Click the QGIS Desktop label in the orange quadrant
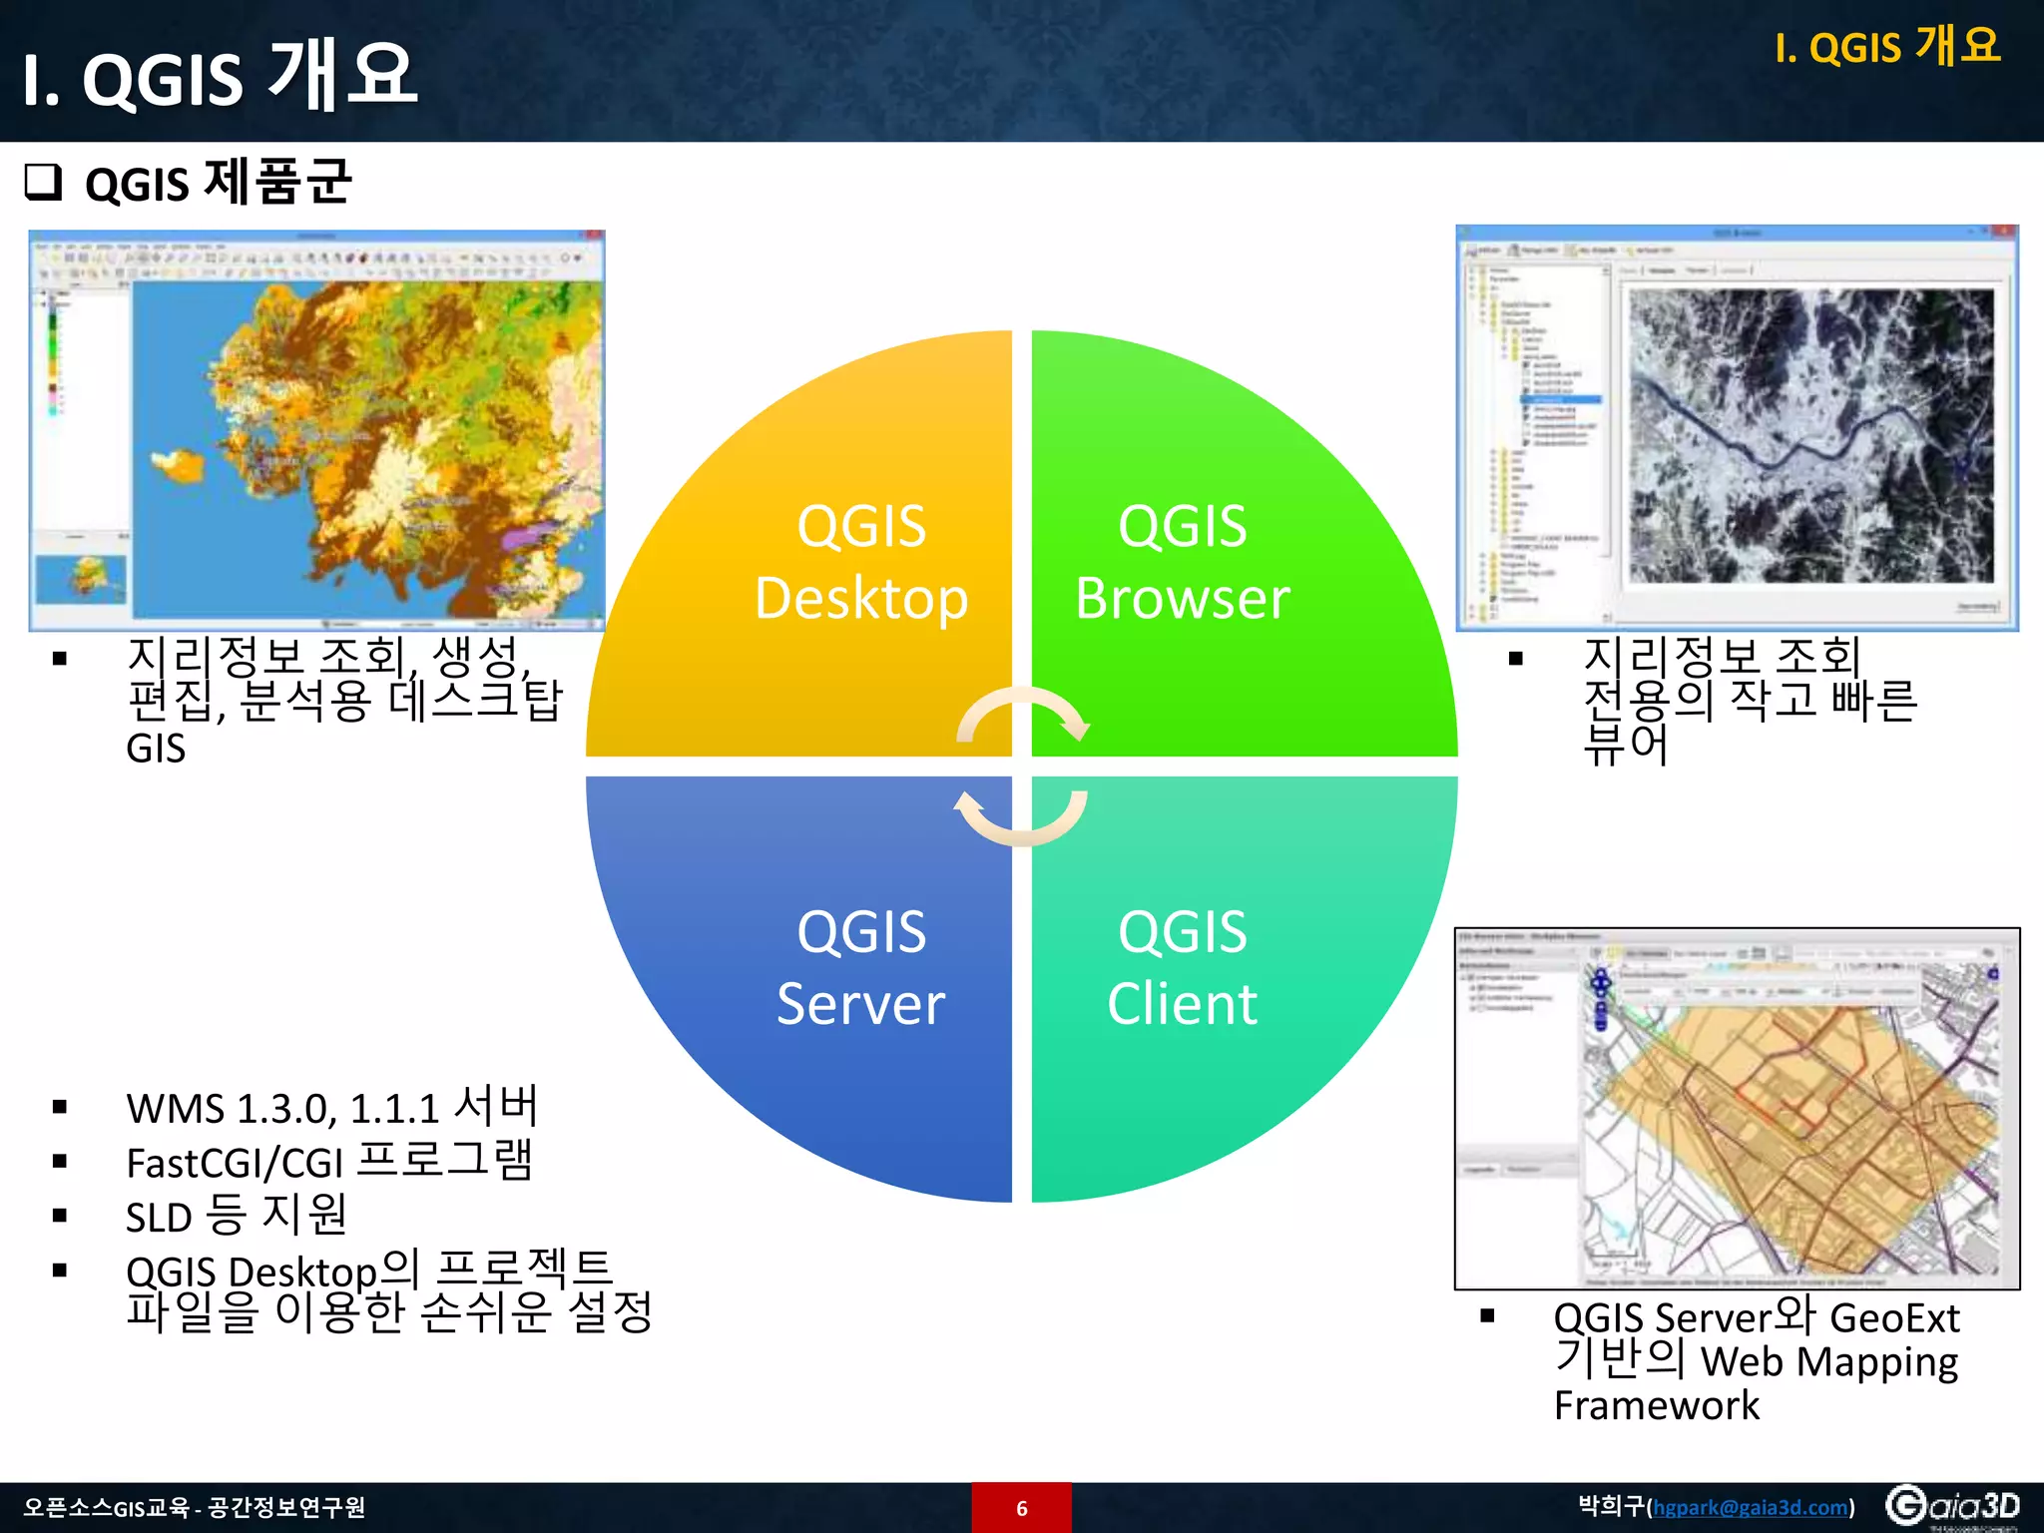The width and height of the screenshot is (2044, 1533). click(860, 562)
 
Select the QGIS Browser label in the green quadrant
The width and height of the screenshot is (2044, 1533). click(1183, 562)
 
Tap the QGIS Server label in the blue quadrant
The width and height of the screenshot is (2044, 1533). click(860, 967)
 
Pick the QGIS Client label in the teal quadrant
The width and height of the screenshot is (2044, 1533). click(1183, 967)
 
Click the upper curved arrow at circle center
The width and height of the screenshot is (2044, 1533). click(1023, 712)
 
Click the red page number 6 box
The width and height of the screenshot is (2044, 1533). click(1021, 1507)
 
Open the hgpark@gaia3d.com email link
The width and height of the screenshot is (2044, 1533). click(1751, 1507)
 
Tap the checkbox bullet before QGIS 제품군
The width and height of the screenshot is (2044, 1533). click(43, 183)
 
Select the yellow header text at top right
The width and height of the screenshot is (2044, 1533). click(1887, 47)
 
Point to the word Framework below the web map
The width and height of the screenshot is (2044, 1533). click(1657, 1405)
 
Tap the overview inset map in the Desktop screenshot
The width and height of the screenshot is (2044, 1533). click(81, 578)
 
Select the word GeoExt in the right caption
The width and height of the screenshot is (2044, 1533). click(1894, 1318)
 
